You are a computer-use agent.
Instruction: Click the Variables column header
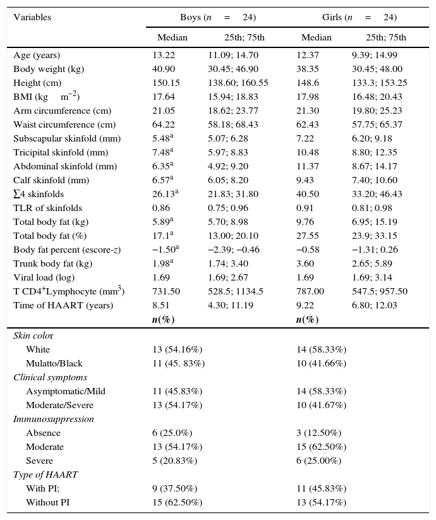coord(32,18)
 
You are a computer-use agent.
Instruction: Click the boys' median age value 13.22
coord(164,55)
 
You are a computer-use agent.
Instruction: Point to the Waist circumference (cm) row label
coord(64,124)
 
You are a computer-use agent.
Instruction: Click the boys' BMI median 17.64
coord(164,97)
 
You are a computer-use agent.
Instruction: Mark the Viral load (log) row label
coord(44,277)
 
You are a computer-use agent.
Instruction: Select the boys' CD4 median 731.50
coord(166,291)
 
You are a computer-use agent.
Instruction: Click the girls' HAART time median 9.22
coord(306,305)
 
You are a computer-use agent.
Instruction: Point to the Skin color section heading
coord(33,336)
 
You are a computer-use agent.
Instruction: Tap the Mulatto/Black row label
coord(54,363)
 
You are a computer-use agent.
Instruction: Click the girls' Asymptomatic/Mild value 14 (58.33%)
coord(322,391)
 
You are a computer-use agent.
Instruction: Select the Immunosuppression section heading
coord(54,419)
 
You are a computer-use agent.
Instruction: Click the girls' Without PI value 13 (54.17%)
coord(322,502)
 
